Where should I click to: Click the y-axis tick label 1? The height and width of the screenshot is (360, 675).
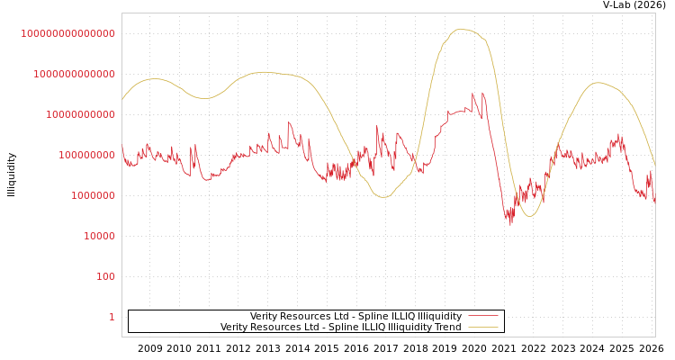pyautogui.click(x=112, y=317)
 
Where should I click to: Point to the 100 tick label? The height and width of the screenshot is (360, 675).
pyautogui.click(x=105, y=276)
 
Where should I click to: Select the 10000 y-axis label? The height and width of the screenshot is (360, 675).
pyautogui.click(x=99, y=236)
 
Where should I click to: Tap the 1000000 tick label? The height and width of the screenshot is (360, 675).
pyautogui.click(x=93, y=195)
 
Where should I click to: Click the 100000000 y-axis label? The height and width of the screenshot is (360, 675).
pyautogui.click(x=86, y=155)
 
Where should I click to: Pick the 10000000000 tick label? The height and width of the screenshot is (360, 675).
pyautogui.click(x=80, y=114)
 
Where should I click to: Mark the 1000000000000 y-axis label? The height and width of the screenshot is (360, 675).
pyautogui.click(x=74, y=74)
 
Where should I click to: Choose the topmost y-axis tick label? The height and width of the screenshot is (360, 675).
pyautogui.click(x=67, y=33)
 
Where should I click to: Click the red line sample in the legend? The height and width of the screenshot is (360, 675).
pyautogui.click(x=483, y=316)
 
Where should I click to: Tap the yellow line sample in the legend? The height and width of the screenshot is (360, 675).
pyautogui.click(x=483, y=327)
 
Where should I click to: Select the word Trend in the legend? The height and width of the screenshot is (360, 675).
pyautogui.click(x=447, y=327)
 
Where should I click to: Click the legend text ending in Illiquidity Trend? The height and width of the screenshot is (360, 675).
pyautogui.click(x=340, y=327)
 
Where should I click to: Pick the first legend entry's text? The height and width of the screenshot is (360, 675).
pyautogui.click(x=355, y=316)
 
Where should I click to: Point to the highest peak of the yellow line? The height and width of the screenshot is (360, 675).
pyautogui.click(x=461, y=29)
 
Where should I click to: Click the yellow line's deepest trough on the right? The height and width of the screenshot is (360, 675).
pyautogui.click(x=530, y=216)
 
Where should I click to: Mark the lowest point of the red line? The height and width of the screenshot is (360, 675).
pyautogui.click(x=510, y=223)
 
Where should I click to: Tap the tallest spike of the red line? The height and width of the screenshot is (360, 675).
pyautogui.click(x=482, y=93)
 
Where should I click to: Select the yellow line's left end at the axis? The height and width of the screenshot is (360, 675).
pyautogui.click(x=122, y=99)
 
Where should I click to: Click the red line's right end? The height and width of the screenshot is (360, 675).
pyautogui.click(x=654, y=203)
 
